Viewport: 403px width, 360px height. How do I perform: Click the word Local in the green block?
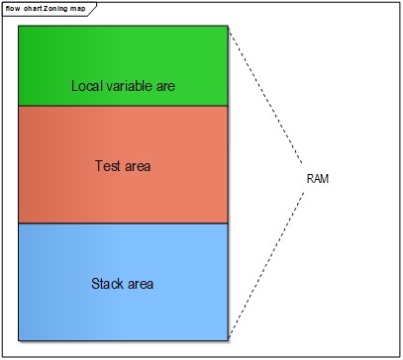click(x=87, y=86)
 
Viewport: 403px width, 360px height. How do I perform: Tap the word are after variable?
click(x=165, y=86)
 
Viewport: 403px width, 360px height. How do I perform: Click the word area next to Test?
click(x=138, y=165)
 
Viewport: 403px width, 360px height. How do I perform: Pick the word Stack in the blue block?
click(x=108, y=285)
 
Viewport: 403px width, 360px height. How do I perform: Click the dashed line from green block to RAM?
click(x=265, y=95)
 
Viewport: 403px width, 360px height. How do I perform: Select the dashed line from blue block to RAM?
click(x=265, y=261)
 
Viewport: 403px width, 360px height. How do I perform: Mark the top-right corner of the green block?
click(x=230, y=27)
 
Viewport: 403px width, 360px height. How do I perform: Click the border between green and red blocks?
click(x=124, y=106)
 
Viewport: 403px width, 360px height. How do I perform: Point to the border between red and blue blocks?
click(x=124, y=224)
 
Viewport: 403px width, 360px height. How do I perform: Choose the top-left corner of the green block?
click(x=19, y=27)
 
